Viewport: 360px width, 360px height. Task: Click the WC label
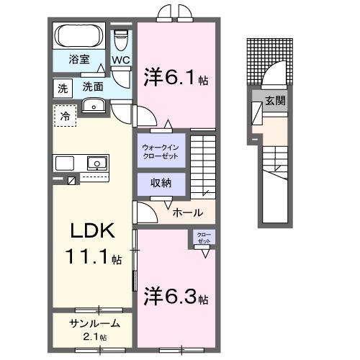120,60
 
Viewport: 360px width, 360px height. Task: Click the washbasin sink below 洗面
93,107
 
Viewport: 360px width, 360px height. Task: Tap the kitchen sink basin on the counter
95,162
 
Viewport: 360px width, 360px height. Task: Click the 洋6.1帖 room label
176,77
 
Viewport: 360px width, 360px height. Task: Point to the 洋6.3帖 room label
176,296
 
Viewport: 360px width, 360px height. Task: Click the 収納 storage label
161,183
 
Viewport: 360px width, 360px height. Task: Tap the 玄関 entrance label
274,101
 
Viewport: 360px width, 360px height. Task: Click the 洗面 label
93,86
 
